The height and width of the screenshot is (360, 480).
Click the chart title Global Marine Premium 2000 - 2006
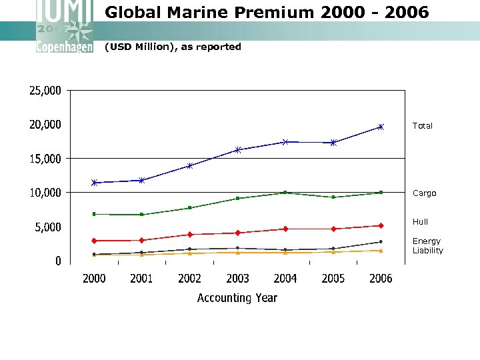pyautogui.click(x=267, y=13)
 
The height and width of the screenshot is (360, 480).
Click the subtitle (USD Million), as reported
pyautogui.click(x=173, y=47)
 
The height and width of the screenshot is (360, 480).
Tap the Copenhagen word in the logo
pyautogui.click(x=64, y=47)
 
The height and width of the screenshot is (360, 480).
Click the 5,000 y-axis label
pyautogui.click(x=47, y=227)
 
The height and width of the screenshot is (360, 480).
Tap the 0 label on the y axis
pyautogui.click(x=58, y=261)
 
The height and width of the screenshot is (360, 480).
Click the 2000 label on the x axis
pyautogui.click(x=94, y=279)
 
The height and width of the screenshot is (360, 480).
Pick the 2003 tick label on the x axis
pyautogui.click(x=237, y=279)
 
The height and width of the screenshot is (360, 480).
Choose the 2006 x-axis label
pyautogui.click(x=381, y=279)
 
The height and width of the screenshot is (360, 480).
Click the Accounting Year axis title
pyautogui.click(x=237, y=298)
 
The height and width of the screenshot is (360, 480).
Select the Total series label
pyautogui.click(x=422, y=126)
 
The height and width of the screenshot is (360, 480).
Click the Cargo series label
pyautogui.click(x=424, y=193)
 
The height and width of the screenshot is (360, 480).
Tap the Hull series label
pyautogui.click(x=420, y=222)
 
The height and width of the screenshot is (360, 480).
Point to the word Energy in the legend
pyautogui.click(x=426, y=241)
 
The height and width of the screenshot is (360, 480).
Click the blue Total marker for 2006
pyautogui.click(x=381, y=127)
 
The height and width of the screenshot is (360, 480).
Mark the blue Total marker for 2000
pyautogui.click(x=94, y=182)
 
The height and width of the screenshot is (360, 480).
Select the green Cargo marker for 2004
pyautogui.click(x=285, y=193)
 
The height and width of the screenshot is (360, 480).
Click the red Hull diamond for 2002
pyautogui.click(x=190, y=235)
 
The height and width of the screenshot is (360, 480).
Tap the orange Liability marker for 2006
pyautogui.click(x=381, y=251)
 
